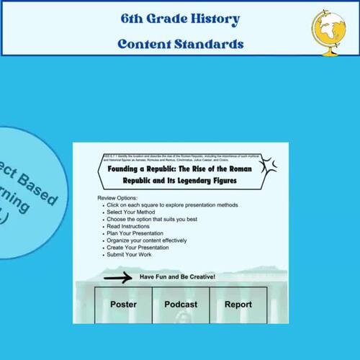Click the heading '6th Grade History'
(181, 19)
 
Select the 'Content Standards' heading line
(181, 44)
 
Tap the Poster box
(123, 305)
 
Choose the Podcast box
(181, 305)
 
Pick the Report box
(238, 305)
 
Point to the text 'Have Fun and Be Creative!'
(177, 277)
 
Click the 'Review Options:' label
(117, 197)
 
